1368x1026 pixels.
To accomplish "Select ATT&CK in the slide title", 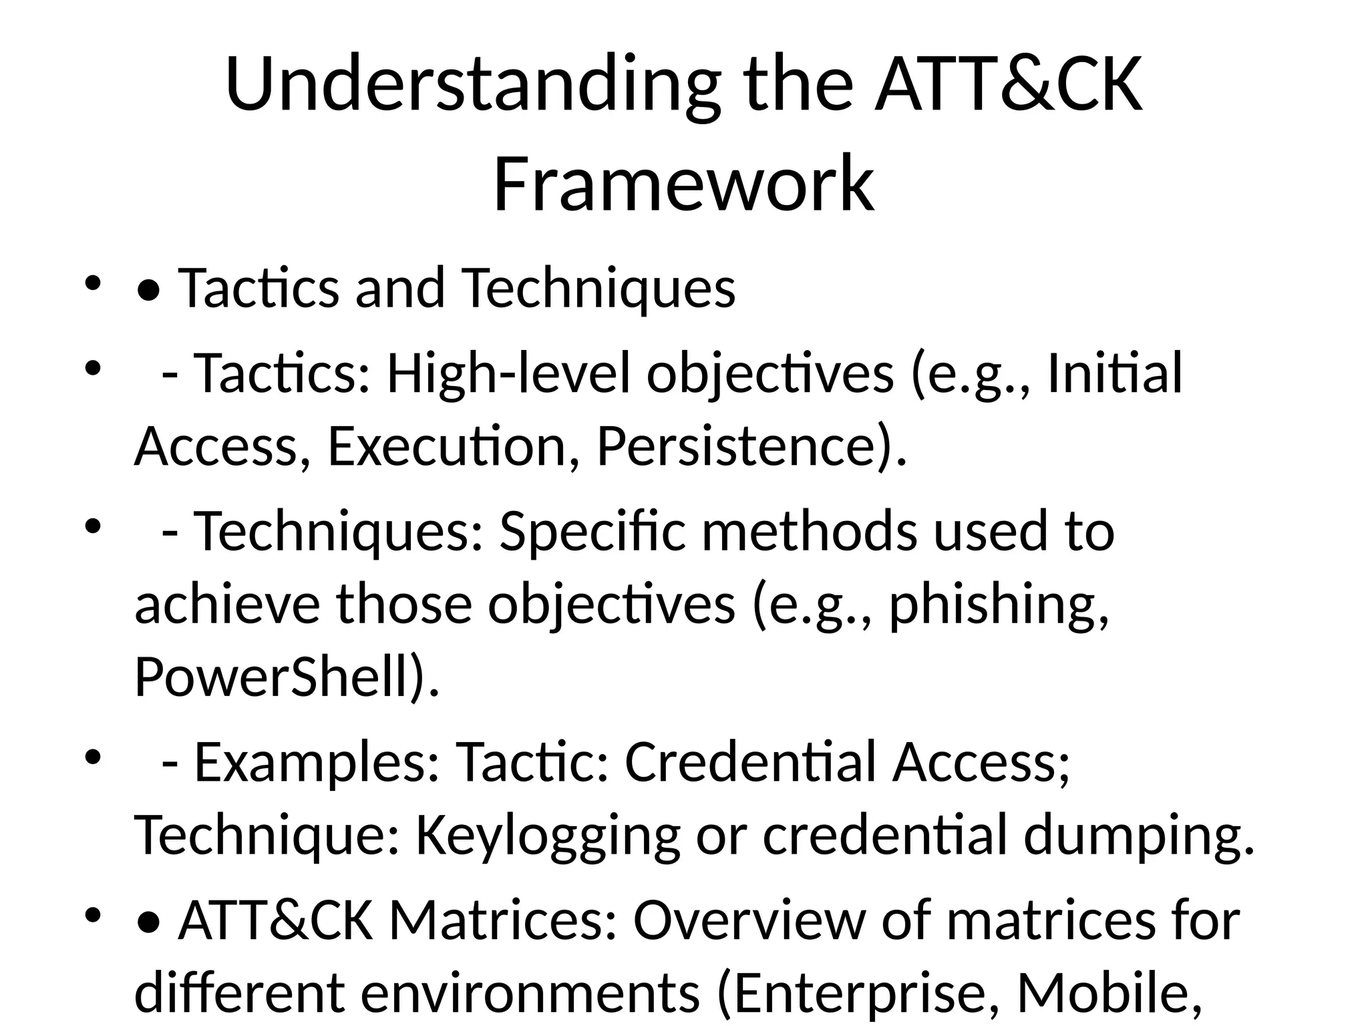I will click(x=1009, y=85).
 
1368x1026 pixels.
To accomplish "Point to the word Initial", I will click(x=1114, y=373).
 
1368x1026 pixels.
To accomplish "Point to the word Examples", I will click(x=317, y=764).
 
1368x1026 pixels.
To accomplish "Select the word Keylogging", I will click(x=548, y=838).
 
